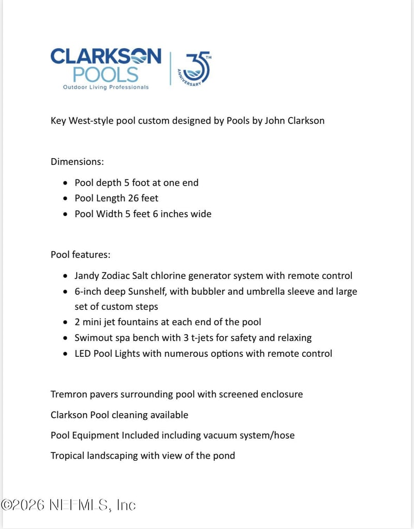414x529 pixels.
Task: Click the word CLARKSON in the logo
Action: tap(106, 56)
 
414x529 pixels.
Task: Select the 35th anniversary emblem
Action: tap(194, 69)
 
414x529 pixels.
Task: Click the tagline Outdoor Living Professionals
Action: tap(106, 87)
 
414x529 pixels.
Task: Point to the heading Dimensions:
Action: tap(77, 161)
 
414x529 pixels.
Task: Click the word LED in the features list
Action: tap(83, 353)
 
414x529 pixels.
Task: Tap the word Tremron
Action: tap(69, 394)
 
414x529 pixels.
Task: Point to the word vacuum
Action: tap(224, 435)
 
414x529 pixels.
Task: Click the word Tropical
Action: tap(68, 456)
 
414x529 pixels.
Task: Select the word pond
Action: tap(224, 456)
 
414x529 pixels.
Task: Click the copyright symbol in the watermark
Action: tap(7, 505)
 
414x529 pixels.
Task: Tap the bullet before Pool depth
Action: tap(65, 183)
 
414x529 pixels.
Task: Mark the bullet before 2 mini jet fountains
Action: tap(65, 323)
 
